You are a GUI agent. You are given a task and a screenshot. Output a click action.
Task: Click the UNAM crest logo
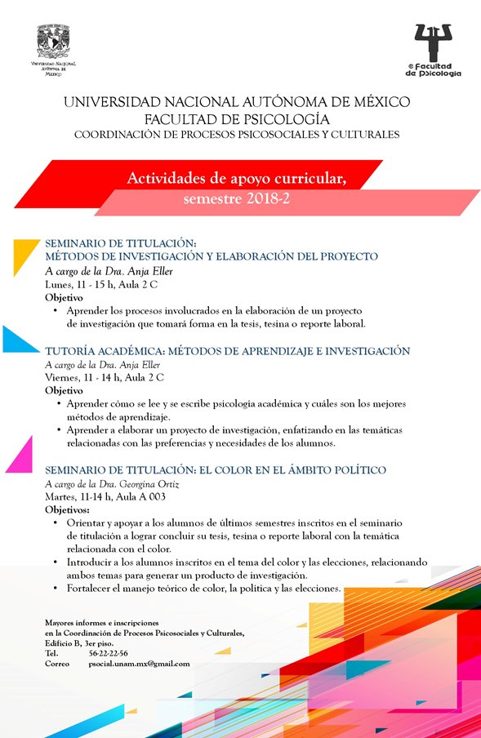tap(53, 38)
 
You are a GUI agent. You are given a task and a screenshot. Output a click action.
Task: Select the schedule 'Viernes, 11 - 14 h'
tap(87, 377)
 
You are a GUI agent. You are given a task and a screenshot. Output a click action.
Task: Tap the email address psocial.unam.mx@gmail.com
tap(139, 664)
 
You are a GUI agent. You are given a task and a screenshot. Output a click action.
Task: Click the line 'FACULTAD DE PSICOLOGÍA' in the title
tap(237, 118)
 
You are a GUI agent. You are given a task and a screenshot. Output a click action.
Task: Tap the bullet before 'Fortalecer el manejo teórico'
tap(55, 588)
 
